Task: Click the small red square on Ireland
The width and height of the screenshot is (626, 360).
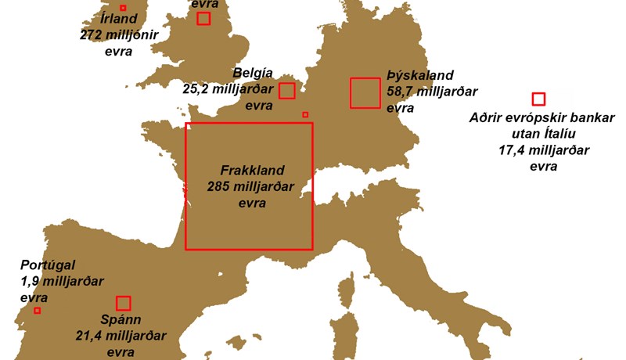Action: pos(123,8)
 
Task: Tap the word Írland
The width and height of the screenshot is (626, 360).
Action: pos(97,19)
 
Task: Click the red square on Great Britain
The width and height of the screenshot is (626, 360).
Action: pos(203,19)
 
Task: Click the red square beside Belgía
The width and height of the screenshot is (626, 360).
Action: pos(287,91)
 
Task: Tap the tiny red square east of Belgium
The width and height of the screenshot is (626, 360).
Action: pos(305,114)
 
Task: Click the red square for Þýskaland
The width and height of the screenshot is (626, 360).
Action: pos(365,93)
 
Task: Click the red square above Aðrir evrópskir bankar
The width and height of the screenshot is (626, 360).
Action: pos(538,99)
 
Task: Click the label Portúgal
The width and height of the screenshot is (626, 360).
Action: pos(49,265)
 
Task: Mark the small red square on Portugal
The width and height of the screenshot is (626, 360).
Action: pos(37,310)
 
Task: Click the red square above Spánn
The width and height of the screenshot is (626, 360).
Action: pos(123,303)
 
